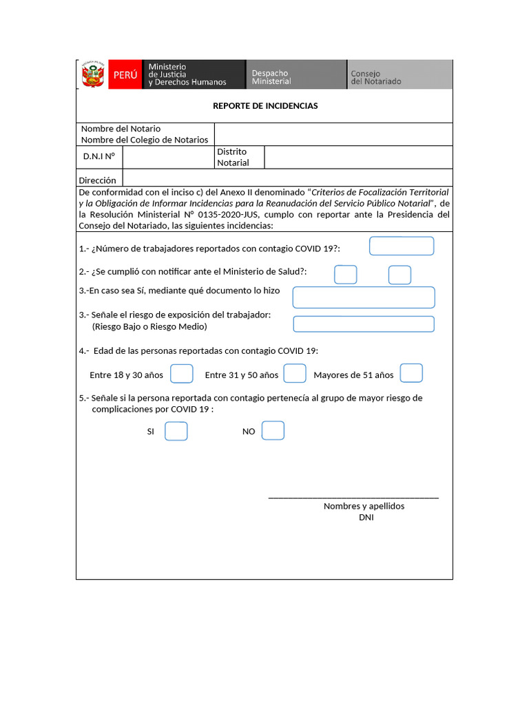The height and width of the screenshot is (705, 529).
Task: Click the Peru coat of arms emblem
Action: coord(91,75)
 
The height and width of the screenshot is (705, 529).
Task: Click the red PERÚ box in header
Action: coord(125,75)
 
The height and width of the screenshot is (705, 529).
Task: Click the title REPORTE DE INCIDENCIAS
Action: coord(265,106)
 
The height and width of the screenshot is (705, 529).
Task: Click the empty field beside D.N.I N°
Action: coord(169,157)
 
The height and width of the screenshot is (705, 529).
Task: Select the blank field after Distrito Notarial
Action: coord(358,157)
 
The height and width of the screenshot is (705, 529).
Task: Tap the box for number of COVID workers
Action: coord(402,246)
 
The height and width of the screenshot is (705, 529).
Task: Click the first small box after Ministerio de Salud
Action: coord(346,275)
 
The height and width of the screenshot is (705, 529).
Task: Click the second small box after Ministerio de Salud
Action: coord(400,275)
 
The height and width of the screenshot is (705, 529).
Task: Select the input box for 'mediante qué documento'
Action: coord(364,297)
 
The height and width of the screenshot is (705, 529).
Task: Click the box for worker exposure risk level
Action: coord(364,324)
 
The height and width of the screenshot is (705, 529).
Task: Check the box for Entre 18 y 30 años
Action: coord(182,373)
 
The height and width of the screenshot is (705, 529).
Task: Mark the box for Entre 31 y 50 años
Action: coord(295,373)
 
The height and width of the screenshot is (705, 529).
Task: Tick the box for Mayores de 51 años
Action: coord(411,373)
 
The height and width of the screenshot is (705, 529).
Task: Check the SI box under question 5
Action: coord(176,431)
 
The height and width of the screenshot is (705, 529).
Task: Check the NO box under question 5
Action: coord(273,430)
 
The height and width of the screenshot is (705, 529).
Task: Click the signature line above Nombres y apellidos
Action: coord(353,496)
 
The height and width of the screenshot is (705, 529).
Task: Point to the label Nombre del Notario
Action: coord(121,129)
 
